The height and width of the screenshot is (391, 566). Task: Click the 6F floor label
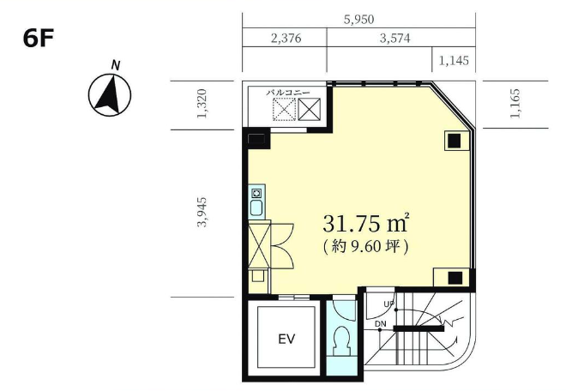(x=39, y=38)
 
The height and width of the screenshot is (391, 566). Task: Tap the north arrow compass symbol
(x=110, y=94)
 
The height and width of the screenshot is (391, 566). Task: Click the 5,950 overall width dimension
(x=358, y=20)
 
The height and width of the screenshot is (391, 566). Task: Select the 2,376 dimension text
(x=286, y=38)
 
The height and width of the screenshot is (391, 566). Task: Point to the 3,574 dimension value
(x=394, y=38)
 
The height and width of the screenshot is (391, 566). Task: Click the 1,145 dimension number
(x=454, y=60)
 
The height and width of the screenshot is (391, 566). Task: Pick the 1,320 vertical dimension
(x=202, y=103)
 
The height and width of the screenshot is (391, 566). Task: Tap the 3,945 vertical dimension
(x=202, y=212)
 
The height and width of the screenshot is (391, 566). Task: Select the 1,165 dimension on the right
(x=515, y=103)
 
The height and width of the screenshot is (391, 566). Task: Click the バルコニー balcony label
(x=288, y=93)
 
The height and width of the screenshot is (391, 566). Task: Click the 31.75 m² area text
(x=365, y=223)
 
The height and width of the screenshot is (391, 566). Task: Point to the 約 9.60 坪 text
(x=365, y=247)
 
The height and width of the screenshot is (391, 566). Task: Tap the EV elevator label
(x=287, y=339)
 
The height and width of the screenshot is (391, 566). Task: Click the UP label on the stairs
(x=388, y=304)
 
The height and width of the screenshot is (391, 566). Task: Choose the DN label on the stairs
(x=381, y=324)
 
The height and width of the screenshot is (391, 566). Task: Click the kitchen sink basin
(x=256, y=208)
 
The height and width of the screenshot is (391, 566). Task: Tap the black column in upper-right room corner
(x=455, y=141)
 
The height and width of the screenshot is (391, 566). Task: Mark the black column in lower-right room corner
(x=455, y=278)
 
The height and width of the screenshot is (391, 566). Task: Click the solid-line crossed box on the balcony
(x=310, y=109)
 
